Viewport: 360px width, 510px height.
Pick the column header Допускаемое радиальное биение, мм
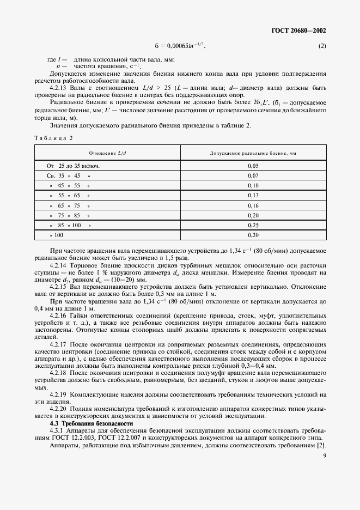253,153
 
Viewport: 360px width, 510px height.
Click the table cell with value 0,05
253,166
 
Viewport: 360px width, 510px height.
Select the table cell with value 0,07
253,175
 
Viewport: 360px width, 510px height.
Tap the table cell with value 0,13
253,195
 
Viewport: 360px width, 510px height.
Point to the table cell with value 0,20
253,215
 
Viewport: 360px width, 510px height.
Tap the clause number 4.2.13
59,88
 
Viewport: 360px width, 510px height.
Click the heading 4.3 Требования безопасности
91,423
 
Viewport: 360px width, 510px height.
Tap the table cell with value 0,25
253,224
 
